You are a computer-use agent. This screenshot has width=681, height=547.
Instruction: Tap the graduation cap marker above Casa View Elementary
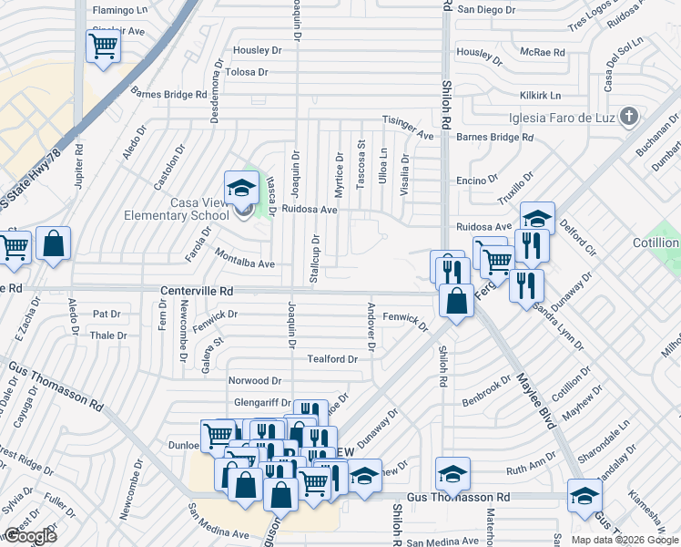click(241, 189)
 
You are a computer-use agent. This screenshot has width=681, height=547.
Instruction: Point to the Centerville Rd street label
click(197, 290)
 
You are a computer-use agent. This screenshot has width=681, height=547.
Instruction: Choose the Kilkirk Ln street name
click(541, 95)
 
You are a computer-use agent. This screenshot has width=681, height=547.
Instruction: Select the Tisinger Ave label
click(408, 128)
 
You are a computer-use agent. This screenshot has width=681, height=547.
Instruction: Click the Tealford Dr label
click(331, 359)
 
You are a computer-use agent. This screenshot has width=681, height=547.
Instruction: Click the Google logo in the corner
click(30, 536)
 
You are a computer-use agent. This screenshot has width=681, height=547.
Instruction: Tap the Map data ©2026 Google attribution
click(624, 540)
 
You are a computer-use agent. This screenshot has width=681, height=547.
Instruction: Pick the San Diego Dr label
click(486, 10)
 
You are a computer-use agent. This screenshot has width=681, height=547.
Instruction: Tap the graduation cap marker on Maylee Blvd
click(584, 496)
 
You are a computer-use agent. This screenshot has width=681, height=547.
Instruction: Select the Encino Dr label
click(477, 181)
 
